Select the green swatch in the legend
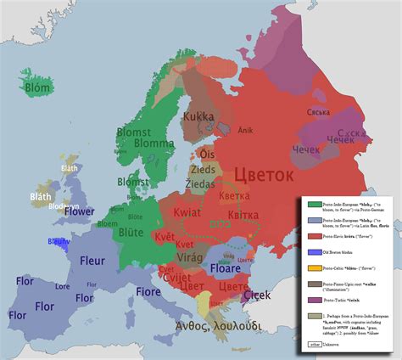coord(313,204)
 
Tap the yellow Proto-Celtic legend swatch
coord(313,268)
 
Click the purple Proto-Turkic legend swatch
coord(313,300)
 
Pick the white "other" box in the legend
coord(313,345)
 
